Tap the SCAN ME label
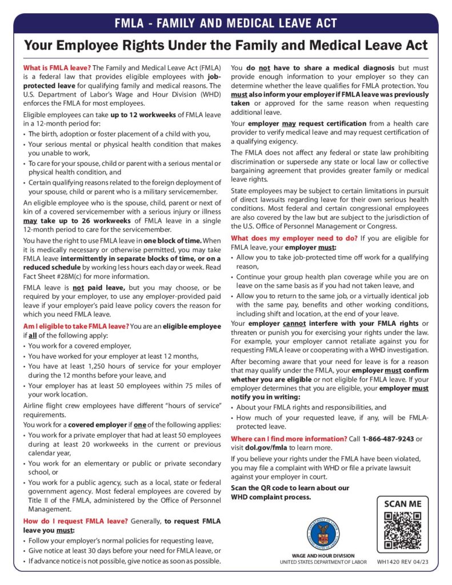tap(402, 504)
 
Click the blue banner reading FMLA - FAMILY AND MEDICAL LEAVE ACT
tap(226, 23)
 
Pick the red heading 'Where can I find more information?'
tap(289, 438)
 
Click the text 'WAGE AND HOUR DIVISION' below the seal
tap(323, 555)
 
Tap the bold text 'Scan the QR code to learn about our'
tap(289, 487)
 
